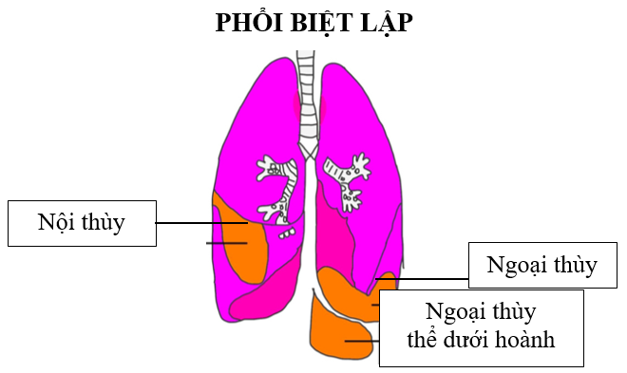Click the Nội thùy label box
click(x=81, y=223)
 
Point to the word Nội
click(x=57, y=222)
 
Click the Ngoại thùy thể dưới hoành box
click(x=481, y=327)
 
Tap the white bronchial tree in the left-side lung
click(x=276, y=190)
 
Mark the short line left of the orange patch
click(x=226, y=243)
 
